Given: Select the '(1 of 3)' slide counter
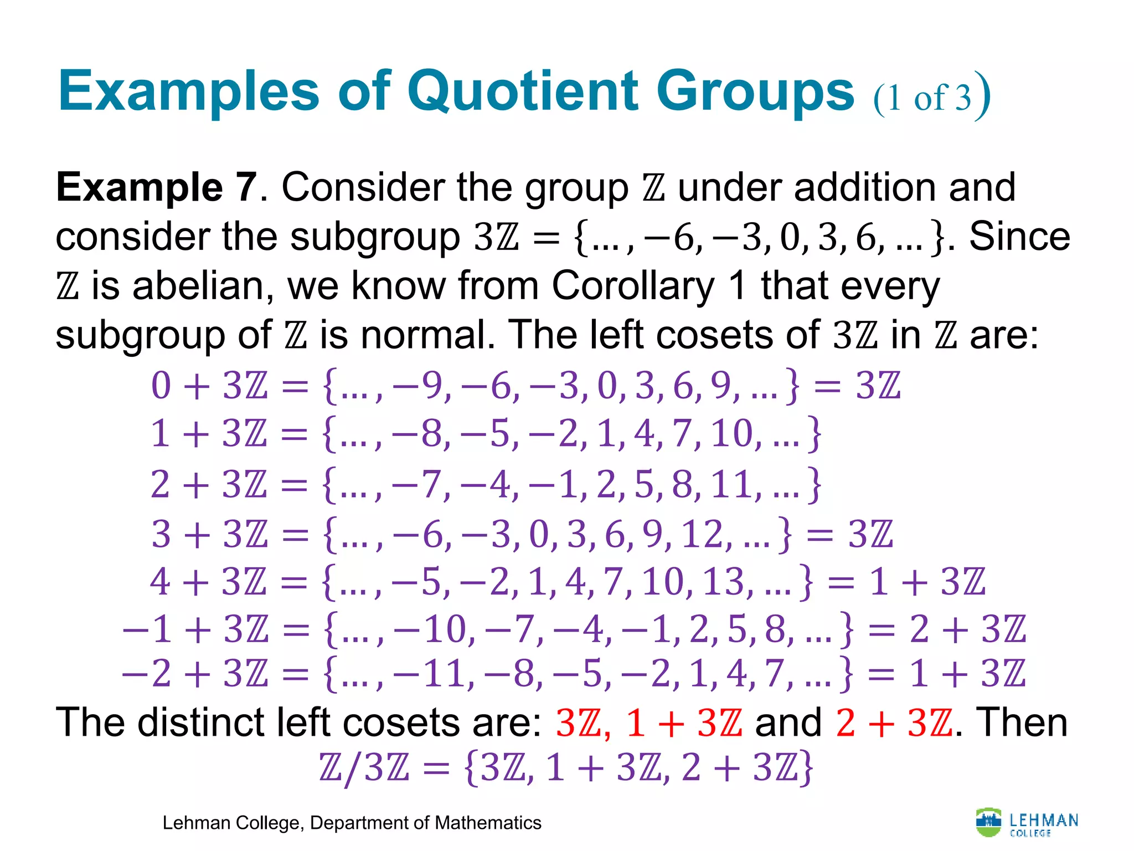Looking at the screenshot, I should [931, 97].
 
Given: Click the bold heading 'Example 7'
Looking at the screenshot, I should [157, 187].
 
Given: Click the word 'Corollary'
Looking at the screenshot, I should [633, 286].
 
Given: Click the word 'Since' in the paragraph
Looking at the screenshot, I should [1019, 237].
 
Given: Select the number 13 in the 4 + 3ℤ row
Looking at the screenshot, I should [723, 582].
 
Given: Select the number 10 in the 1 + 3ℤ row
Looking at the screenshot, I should [731, 433].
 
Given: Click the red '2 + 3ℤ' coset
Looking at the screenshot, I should [894, 723].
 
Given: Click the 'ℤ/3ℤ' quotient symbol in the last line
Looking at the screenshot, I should [364, 768].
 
